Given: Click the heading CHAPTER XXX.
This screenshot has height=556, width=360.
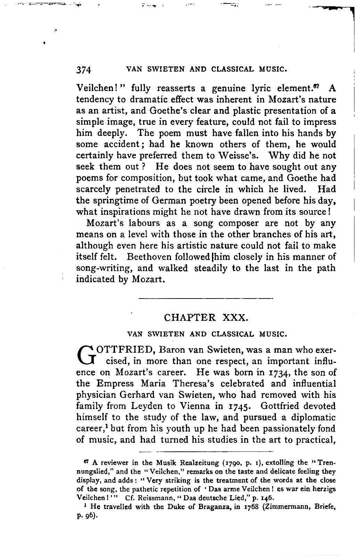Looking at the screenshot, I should (205, 318).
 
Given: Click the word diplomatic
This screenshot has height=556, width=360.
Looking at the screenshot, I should (313, 417).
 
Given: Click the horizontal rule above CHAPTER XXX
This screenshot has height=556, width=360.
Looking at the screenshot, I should (206, 298).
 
